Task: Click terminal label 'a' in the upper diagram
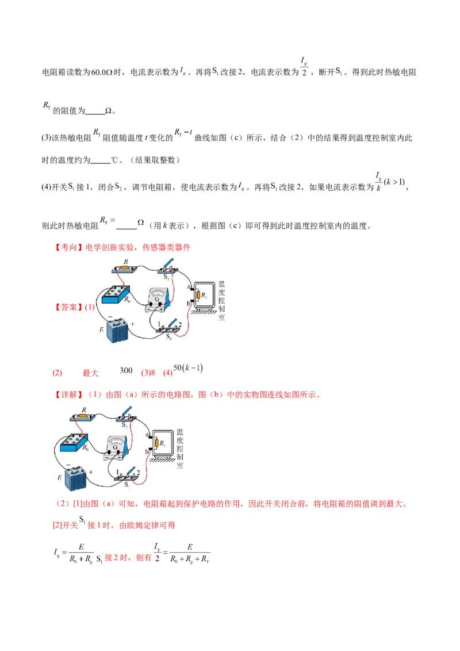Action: pyautogui.click(x=188, y=286)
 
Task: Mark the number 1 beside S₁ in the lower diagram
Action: pyautogui.click(x=117, y=472)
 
